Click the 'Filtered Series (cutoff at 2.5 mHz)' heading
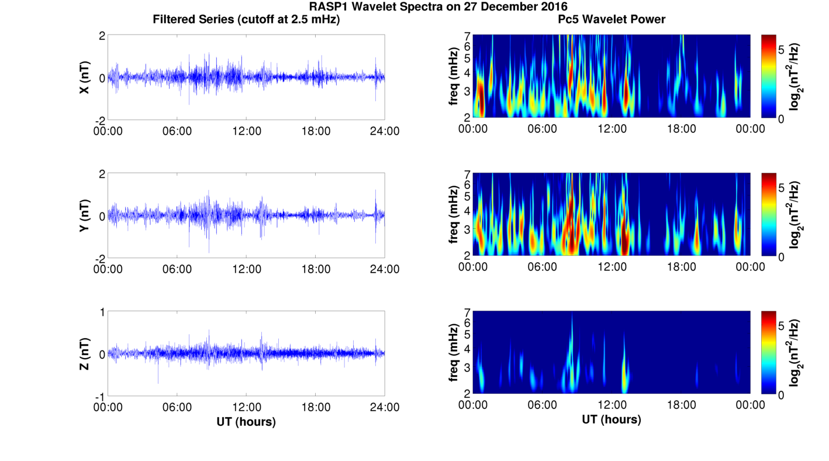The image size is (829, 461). [x=246, y=20]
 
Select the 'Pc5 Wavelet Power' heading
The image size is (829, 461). [x=612, y=20]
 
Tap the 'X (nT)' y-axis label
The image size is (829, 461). [x=85, y=77]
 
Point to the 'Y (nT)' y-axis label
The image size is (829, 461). [x=85, y=215]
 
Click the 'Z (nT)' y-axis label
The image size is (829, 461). [x=85, y=354]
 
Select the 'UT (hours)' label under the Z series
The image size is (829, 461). [x=246, y=421]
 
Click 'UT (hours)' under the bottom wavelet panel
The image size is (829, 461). [x=612, y=419]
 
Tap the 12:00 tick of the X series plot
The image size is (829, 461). [x=247, y=131]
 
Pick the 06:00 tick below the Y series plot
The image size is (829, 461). [x=177, y=269]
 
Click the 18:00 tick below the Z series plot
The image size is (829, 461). [x=316, y=407]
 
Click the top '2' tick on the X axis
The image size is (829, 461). [x=102, y=36]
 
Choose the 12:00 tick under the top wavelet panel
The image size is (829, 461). [x=612, y=129]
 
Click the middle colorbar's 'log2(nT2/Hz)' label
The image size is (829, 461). [x=795, y=215]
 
